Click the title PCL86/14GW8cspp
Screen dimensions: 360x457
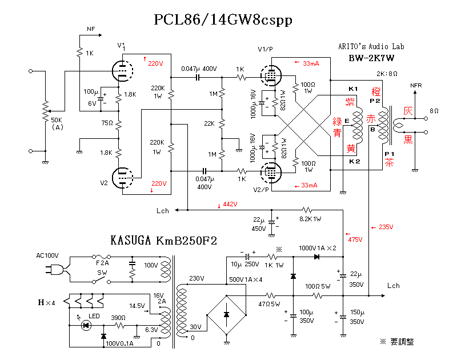click(x=223, y=20)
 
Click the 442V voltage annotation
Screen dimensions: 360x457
click(x=229, y=205)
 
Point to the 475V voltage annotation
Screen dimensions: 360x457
click(x=354, y=239)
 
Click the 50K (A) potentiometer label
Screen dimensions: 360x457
click(x=58, y=123)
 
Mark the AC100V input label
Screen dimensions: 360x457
click(x=47, y=255)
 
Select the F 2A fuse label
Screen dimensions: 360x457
click(x=102, y=263)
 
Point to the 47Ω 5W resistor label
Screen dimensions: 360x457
click(x=268, y=304)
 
